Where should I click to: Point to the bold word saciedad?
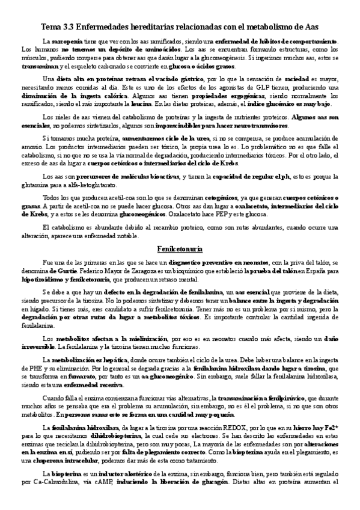point(293,79)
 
